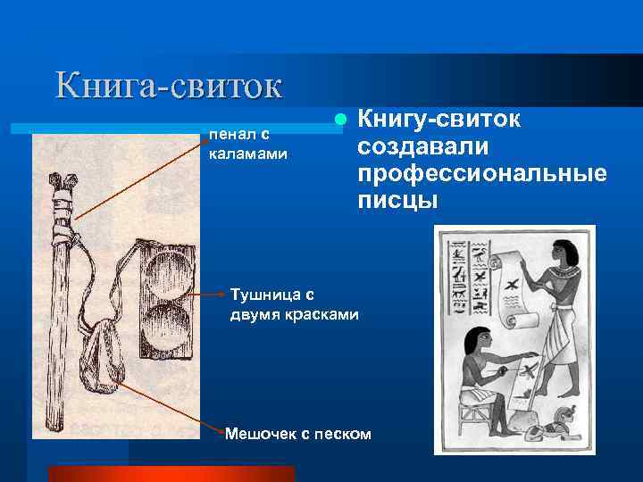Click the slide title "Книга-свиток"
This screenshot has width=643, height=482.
click(x=169, y=85)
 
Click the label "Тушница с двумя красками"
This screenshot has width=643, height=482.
click(x=294, y=303)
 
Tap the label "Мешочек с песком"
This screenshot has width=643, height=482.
click(x=296, y=434)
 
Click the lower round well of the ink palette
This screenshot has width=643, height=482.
click(x=166, y=322)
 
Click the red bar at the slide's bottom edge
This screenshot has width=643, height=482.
click(x=171, y=473)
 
